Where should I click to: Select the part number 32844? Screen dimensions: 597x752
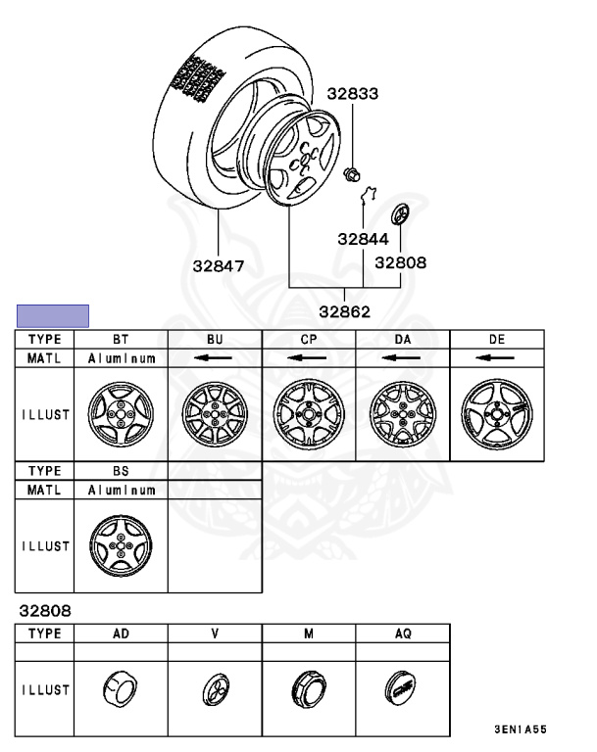[x=363, y=238]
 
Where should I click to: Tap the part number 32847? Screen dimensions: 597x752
[x=219, y=264]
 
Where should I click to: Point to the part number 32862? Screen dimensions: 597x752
[x=344, y=312]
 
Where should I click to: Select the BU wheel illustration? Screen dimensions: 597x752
[x=215, y=413]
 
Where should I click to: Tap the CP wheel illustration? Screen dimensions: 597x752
[x=309, y=413]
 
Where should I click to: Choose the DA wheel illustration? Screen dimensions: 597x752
[x=402, y=413]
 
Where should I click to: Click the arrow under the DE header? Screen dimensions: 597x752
[x=496, y=358]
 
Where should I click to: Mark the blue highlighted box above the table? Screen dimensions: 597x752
[x=53, y=315]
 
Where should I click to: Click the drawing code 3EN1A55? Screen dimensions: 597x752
[x=520, y=731]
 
